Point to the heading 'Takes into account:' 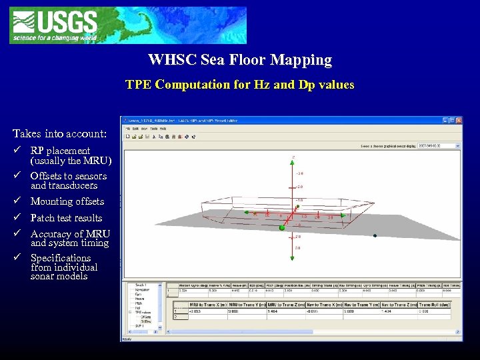pos(59,134)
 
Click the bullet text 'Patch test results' pos(66,218)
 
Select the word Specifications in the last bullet pos(61,258)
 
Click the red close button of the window pos(459,120)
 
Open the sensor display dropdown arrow pos(457,145)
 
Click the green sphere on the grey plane pos(282,228)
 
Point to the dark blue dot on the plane pos(375,236)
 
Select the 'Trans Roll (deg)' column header pos(435,304)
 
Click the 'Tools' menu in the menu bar pos(153,128)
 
